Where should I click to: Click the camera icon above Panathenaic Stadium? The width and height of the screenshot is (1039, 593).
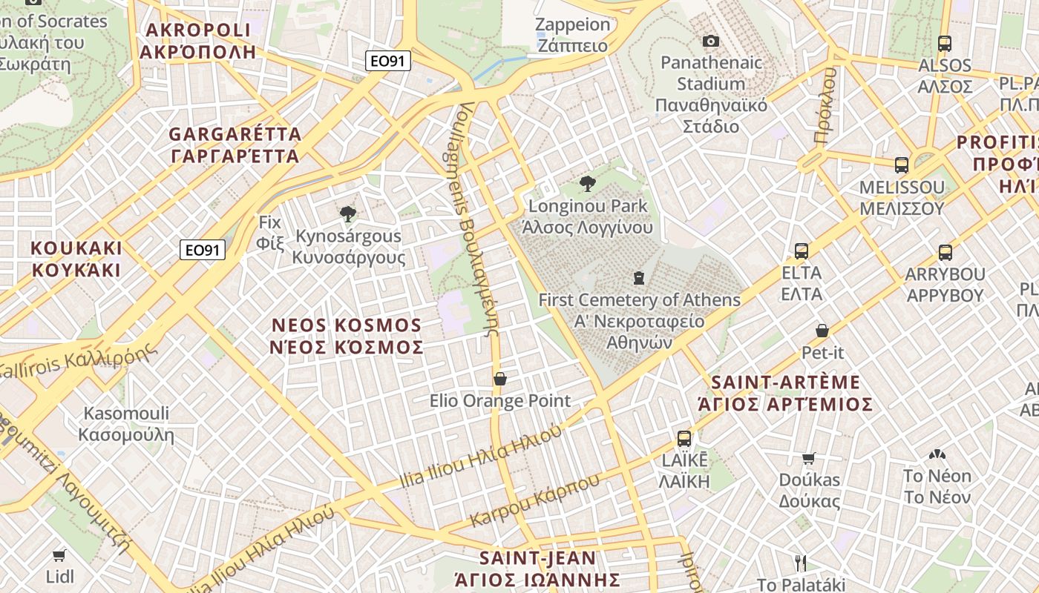pyautogui.click(x=710, y=42)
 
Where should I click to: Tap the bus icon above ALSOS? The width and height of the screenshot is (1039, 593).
pyautogui.click(x=944, y=44)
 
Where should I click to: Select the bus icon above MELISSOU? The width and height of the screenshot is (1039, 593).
pyautogui.click(x=902, y=165)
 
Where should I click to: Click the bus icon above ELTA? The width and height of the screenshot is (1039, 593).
pyautogui.click(x=802, y=251)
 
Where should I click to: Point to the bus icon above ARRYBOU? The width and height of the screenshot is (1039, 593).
pyautogui.click(x=945, y=253)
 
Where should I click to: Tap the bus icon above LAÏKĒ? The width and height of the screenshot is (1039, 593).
pyautogui.click(x=684, y=439)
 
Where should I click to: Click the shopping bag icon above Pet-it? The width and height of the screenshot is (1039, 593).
pyautogui.click(x=822, y=331)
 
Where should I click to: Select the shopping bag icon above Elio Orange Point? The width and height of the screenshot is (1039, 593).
pyautogui.click(x=500, y=379)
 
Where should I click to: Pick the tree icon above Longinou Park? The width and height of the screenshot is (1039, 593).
pyautogui.click(x=588, y=184)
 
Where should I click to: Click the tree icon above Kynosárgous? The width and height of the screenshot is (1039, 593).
pyautogui.click(x=347, y=215)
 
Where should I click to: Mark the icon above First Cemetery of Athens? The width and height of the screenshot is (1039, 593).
pyautogui.click(x=638, y=278)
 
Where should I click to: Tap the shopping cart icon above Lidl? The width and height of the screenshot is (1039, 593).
pyautogui.click(x=59, y=555)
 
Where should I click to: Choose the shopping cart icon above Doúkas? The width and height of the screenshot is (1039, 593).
pyautogui.click(x=809, y=458)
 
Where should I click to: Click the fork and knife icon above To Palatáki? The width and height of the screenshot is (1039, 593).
pyautogui.click(x=800, y=563)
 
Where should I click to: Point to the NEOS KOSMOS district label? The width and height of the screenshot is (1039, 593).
pyautogui.click(x=347, y=336)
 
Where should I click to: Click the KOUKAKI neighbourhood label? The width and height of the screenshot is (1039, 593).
pyautogui.click(x=76, y=259)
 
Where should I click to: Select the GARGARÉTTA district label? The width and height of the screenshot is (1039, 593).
pyautogui.click(x=235, y=145)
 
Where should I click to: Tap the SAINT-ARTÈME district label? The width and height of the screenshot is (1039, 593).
pyautogui.click(x=786, y=393)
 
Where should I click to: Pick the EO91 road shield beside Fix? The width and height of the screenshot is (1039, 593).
pyautogui.click(x=202, y=251)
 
